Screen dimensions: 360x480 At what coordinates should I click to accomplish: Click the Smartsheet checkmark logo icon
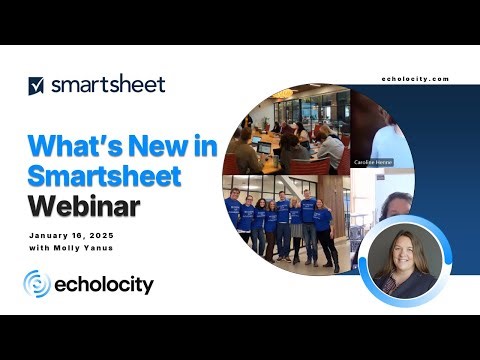click(x=37, y=85)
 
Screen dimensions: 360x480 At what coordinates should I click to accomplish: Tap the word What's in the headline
click(x=71, y=146)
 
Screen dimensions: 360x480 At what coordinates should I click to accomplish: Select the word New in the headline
click(x=155, y=146)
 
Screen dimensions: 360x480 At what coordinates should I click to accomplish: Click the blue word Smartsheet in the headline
click(x=105, y=177)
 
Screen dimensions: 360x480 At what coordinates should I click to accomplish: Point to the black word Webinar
click(x=84, y=207)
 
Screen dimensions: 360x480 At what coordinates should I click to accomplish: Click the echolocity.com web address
click(x=415, y=79)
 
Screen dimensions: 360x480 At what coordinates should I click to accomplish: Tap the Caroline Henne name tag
click(x=371, y=162)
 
